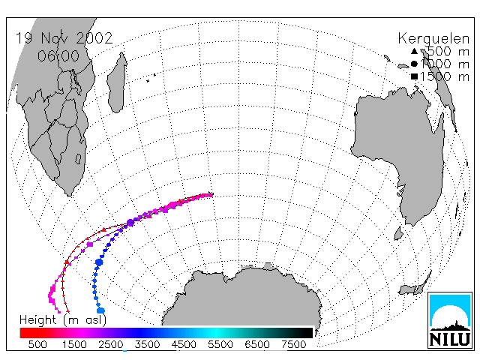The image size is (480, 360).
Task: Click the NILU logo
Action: click(x=450, y=320)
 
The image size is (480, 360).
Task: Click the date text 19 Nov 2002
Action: click(x=64, y=38)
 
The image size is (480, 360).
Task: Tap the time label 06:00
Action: click(x=58, y=56)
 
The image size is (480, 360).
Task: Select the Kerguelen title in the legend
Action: click(x=433, y=39)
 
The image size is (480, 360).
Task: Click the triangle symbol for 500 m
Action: click(x=414, y=51)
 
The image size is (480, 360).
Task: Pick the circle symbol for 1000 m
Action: click(x=414, y=64)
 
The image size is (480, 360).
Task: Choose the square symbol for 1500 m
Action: click(x=414, y=76)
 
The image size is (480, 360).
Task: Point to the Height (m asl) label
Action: click(x=63, y=320)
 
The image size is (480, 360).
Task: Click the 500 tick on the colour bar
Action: click(x=37, y=344)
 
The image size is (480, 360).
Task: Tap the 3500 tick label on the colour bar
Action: click(x=147, y=344)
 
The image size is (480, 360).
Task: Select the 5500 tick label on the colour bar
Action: click(x=220, y=344)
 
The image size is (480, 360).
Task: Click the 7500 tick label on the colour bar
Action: click(x=293, y=344)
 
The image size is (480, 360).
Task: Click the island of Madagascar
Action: click(x=117, y=82)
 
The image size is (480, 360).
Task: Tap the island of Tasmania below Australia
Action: click(x=398, y=233)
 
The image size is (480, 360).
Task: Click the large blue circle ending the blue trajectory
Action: click(x=100, y=310)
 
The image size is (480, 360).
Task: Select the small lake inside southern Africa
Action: click(x=78, y=159)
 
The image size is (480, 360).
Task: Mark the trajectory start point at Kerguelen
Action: click(x=211, y=194)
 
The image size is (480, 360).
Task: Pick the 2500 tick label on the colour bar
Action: click(x=111, y=344)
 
